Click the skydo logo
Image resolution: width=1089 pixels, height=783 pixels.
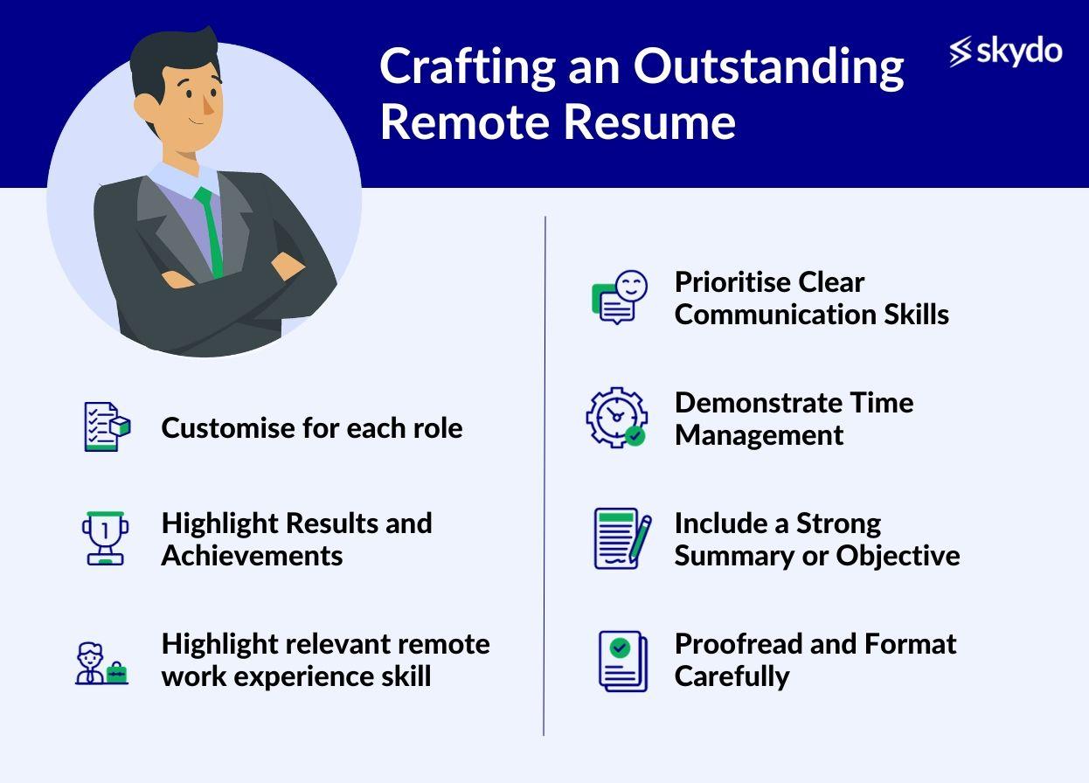pos(1005,51)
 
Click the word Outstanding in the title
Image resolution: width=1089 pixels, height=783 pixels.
pos(768,68)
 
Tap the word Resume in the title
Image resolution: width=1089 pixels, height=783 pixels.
pos(650,121)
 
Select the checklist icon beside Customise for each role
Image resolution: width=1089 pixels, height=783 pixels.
pos(108,426)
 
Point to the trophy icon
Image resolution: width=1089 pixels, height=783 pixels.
pos(106,538)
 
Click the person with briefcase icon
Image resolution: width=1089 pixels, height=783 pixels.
pos(101,663)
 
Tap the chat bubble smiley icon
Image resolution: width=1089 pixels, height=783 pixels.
pos(620,297)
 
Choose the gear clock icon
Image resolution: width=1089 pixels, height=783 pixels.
pos(617,418)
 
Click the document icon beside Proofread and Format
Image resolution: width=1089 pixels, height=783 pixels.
pos(623,661)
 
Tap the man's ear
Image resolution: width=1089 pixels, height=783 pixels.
pos(145,107)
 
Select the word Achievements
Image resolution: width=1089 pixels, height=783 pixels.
pos(252,556)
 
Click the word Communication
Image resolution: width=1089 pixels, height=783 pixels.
pos(775,314)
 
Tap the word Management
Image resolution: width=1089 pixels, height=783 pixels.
pos(759,435)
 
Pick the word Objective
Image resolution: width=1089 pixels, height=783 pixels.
pos(898,556)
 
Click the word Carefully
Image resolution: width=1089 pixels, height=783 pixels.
pos(732,677)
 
